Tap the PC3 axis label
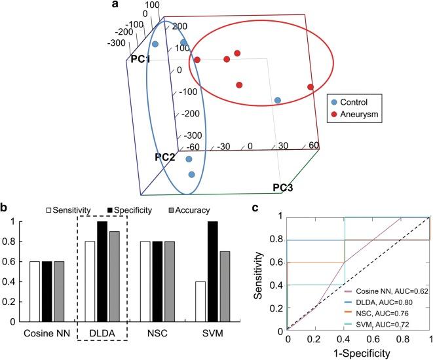(x=284, y=189)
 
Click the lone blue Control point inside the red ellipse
(x=278, y=100)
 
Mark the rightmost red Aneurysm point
(x=311, y=87)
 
